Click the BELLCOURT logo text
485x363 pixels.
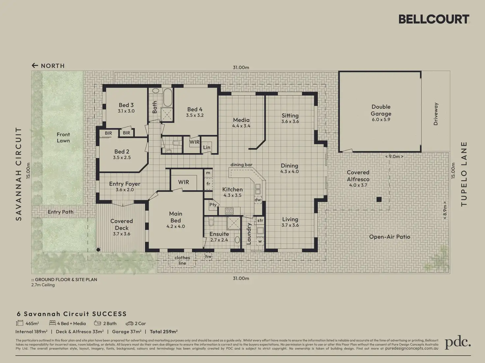click(x=434, y=19)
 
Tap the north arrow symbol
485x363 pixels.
click(x=35, y=65)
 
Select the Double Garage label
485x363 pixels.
click(x=381, y=110)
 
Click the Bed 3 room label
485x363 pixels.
click(x=126, y=105)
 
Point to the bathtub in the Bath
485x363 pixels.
click(x=168, y=97)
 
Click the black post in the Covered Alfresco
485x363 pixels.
click(x=379, y=199)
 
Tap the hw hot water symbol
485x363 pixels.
click(x=208, y=256)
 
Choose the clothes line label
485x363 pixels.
click(x=182, y=260)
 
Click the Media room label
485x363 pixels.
click(x=241, y=120)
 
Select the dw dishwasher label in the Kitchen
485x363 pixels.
click(x=258, y=200)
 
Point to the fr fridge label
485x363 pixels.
click(x=208, y=184)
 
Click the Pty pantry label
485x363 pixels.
click(x=213, y=205)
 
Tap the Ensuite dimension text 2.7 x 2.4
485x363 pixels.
click(x=219, y=240)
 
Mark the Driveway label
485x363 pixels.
click(x=436, y=114)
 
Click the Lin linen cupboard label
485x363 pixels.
click(x=207, y=147)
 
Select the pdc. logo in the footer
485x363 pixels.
click(x=458, y=342)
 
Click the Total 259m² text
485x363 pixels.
click(x=164, y=331)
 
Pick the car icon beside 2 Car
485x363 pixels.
click(x=129, y=324)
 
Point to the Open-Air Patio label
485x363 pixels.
click(x=390, y=237)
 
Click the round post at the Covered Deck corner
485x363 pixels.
click(x=98, y=249)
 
